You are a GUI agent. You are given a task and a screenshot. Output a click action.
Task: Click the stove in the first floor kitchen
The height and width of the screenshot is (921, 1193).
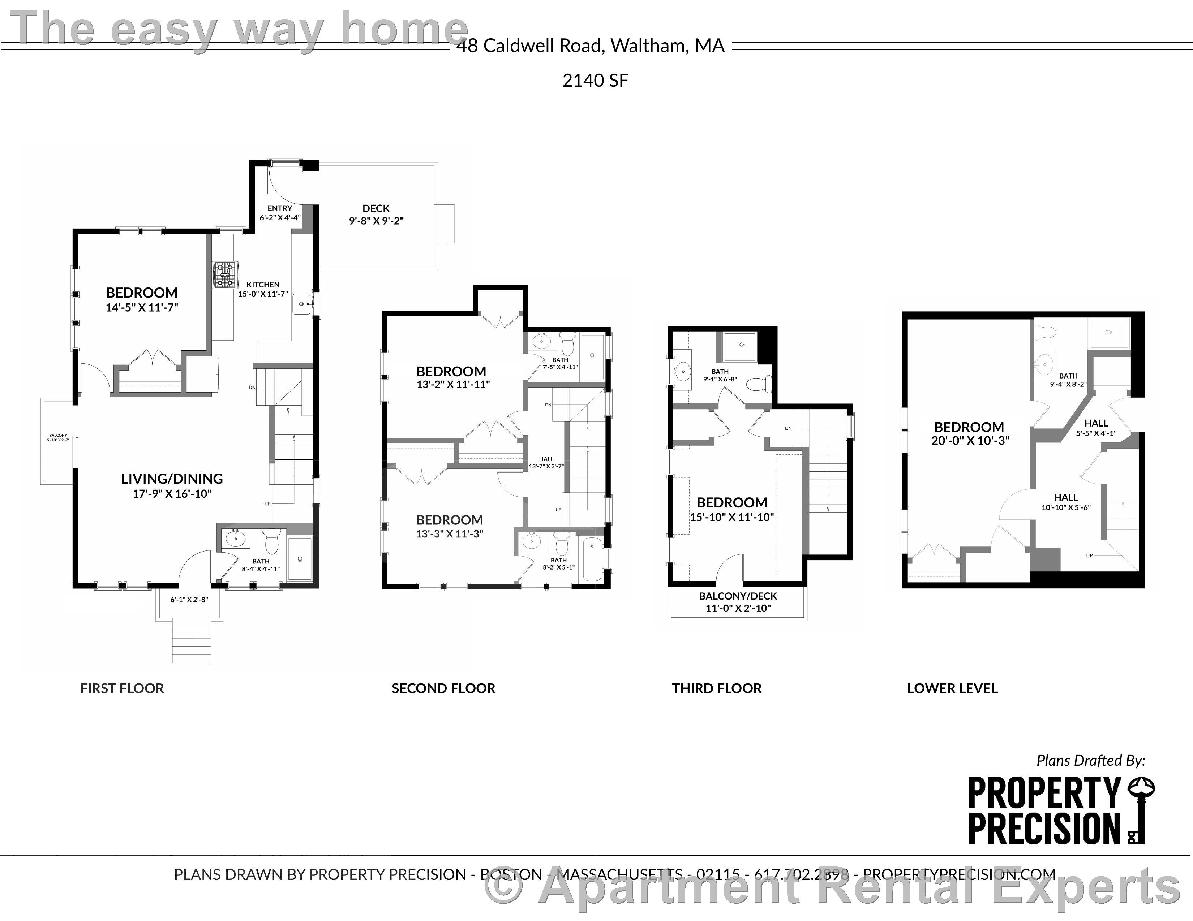(x=225, y=274)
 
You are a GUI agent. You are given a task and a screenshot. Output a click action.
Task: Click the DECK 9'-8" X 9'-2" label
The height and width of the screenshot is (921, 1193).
(x=376, y=215)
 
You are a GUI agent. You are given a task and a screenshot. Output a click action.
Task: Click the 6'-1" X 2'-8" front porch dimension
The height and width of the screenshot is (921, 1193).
(x=189, y=600)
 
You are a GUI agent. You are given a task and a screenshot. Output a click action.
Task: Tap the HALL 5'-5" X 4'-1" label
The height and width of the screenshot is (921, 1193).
(x=1096, y=428)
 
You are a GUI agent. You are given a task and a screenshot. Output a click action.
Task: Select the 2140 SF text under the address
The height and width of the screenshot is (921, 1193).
(x=595, y=81)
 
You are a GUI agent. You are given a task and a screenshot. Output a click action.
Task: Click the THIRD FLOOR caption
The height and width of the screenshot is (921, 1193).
(x=717, y=688)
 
